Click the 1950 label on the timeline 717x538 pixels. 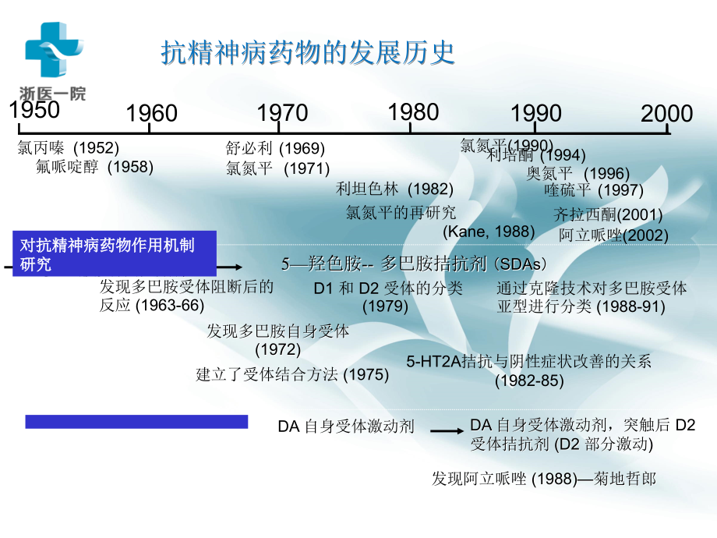tap(34, 110)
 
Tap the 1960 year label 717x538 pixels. tap(151, 114)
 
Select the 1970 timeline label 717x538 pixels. tap(282, 113)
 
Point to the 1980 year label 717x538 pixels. tap(413, 112)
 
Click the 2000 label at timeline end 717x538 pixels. tap(666, 114)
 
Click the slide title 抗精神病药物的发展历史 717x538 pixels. tap(308, 53)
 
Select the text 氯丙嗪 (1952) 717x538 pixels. tap(68, 147)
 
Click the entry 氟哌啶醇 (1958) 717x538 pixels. tap(94, 166)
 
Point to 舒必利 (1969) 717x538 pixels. tap(275, 148)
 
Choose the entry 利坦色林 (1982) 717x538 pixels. tap(394, 188)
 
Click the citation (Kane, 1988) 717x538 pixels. tap(489, 231)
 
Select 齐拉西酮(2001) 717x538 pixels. tap(608, 214)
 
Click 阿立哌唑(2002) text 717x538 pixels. tap(613, 235)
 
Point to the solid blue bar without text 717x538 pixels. tap(136, 422)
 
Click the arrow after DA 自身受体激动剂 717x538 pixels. tap(447, 430)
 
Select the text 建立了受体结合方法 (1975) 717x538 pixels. tap(292, 374)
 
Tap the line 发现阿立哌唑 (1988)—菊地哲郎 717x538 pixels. tap(544, 478)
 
